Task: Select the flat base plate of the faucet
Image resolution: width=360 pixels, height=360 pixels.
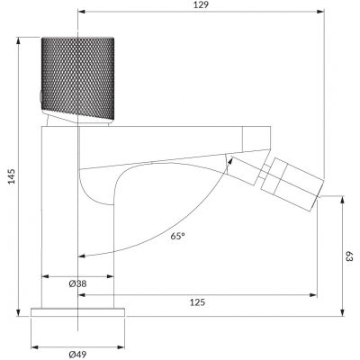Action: tap(78, 313)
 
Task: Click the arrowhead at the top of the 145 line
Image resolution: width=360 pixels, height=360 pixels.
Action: tap(21, 40)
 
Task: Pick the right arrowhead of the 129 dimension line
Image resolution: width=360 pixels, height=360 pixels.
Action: tap(320, 13)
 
